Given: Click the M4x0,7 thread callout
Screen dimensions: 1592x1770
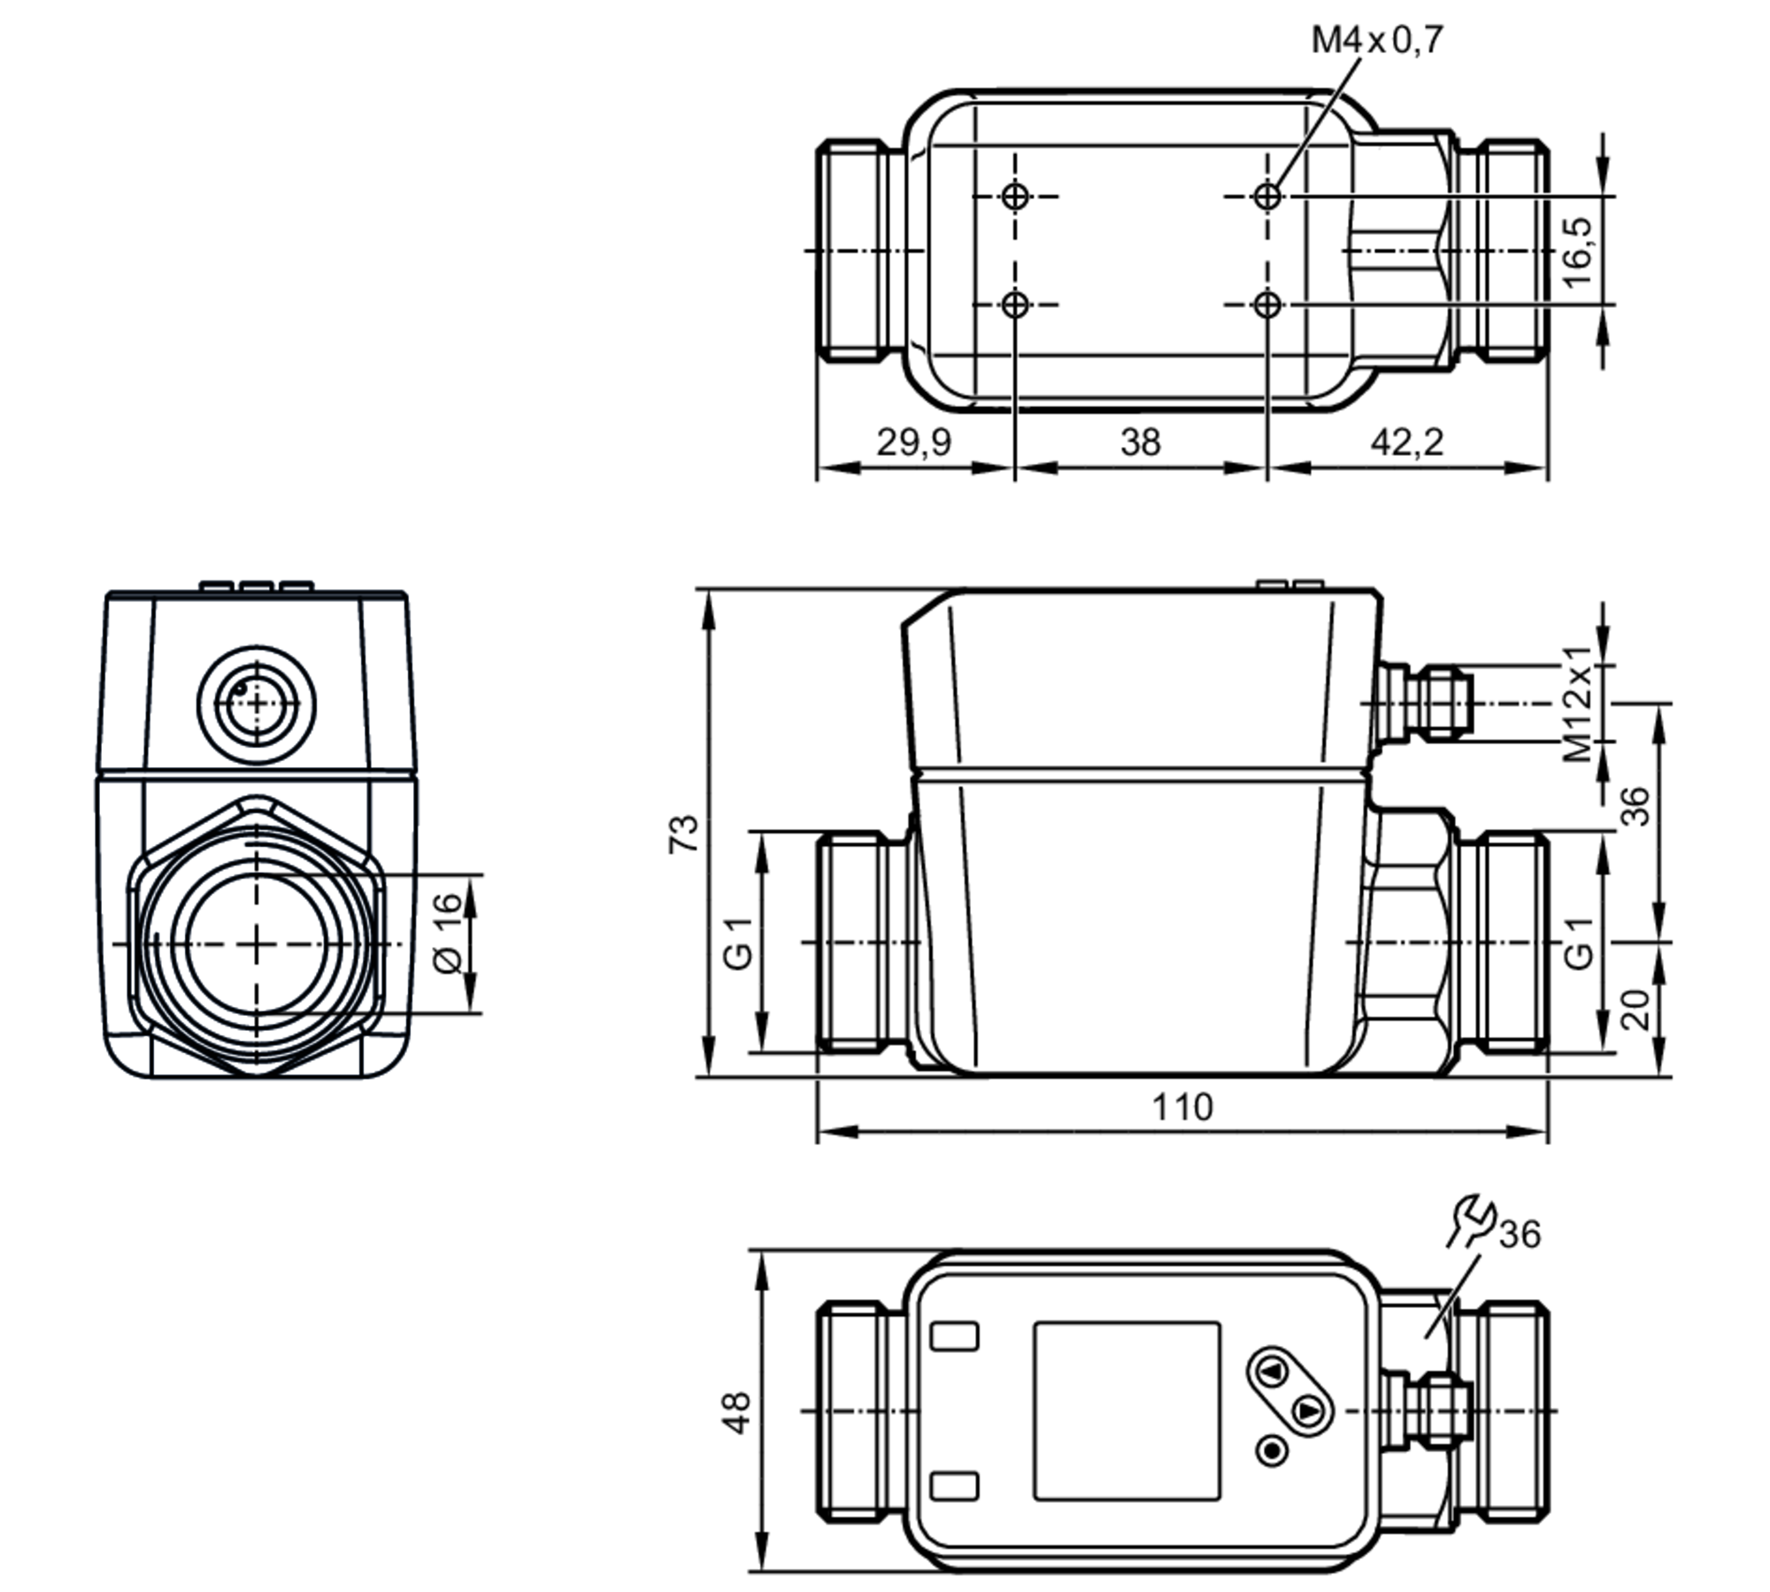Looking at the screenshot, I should coord(1377,40).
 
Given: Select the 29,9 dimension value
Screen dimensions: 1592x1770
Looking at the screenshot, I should coord(914,442).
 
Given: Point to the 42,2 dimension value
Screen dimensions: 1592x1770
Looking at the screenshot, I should coord(1407,442).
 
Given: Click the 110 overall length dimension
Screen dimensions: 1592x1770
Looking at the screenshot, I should coord(1182,1107).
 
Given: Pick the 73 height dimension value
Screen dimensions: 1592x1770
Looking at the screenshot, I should coord(684,834).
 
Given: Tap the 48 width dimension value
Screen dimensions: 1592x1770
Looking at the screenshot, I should coord(736,1412).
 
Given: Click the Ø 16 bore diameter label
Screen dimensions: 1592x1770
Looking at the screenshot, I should coord(449,932).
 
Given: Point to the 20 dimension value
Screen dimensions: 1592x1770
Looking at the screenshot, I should coord(1636,1009).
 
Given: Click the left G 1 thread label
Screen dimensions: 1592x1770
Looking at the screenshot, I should coord(739,943).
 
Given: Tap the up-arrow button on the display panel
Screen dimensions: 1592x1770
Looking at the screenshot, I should coord(1273,1373).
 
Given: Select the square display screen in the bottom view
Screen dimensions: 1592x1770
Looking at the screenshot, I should coord(1127,1411).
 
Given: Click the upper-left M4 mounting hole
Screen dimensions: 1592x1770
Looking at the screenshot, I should coord(1016,196).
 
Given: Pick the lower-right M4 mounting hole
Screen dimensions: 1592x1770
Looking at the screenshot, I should coord(1267,305).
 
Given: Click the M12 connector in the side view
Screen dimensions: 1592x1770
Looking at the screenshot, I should coord(1425,704).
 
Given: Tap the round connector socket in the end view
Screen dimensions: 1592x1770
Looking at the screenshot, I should coord(257,704).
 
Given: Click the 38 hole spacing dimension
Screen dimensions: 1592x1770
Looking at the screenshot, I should coord(1140,442).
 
